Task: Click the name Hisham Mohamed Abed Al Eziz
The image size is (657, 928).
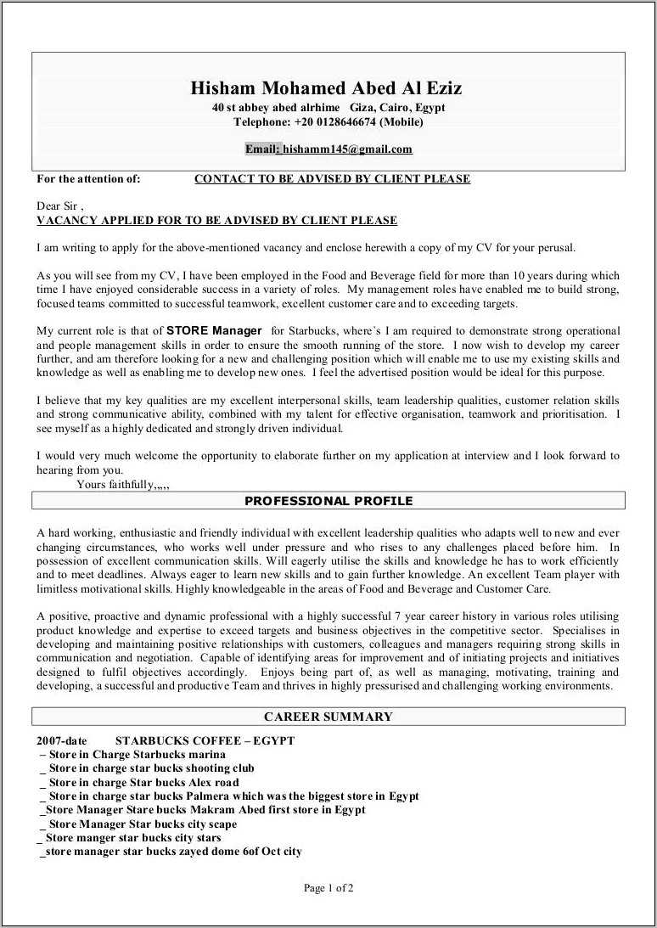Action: tap(328, 88)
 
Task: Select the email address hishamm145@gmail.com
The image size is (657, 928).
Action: tap(347, 149)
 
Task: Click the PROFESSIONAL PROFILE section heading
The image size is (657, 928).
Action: tap(328, 501)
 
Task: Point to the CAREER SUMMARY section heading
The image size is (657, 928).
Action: tap(328, 717)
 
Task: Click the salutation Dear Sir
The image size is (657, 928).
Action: tap(59, 206)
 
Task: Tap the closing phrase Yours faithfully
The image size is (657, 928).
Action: tap(115, 485)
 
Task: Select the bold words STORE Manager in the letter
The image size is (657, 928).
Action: tap(214, 330)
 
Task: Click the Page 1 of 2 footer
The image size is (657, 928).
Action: tap(328, 888)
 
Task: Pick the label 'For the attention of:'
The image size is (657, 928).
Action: tap(88, 179)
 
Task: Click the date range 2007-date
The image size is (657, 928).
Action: tap(62, 740)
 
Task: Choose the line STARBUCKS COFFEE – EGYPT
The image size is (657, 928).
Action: tap(205, 740)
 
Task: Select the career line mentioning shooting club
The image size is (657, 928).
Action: tap(147, 768)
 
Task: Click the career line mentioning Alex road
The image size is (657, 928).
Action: tap(139, 783)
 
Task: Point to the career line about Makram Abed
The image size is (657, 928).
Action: tap(202, 810)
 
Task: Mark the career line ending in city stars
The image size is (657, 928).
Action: tap(128, 838)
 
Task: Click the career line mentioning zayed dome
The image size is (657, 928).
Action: tap(171, 852)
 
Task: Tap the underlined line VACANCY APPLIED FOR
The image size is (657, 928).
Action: tap(217, 221)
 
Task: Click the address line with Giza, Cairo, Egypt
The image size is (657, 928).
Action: tap(328, 108)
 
